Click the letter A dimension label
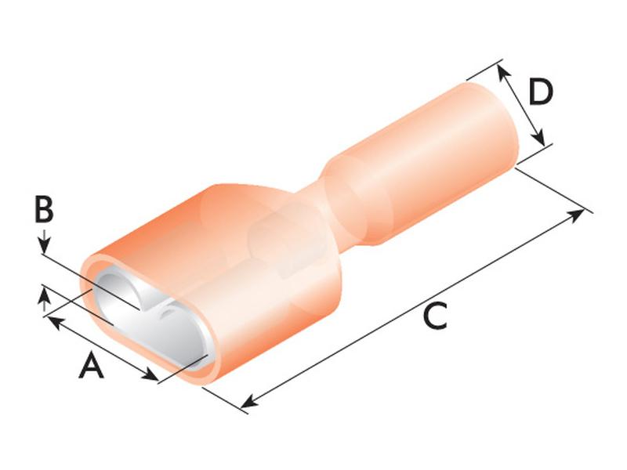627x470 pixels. point(91,365)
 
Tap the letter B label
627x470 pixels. point(44,209)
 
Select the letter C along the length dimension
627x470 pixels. point(434,316)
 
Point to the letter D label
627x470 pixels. point(540,92)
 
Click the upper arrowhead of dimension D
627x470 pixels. point(504,72)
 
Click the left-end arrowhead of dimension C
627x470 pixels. point(251,402)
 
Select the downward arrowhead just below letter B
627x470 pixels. point(45,245)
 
